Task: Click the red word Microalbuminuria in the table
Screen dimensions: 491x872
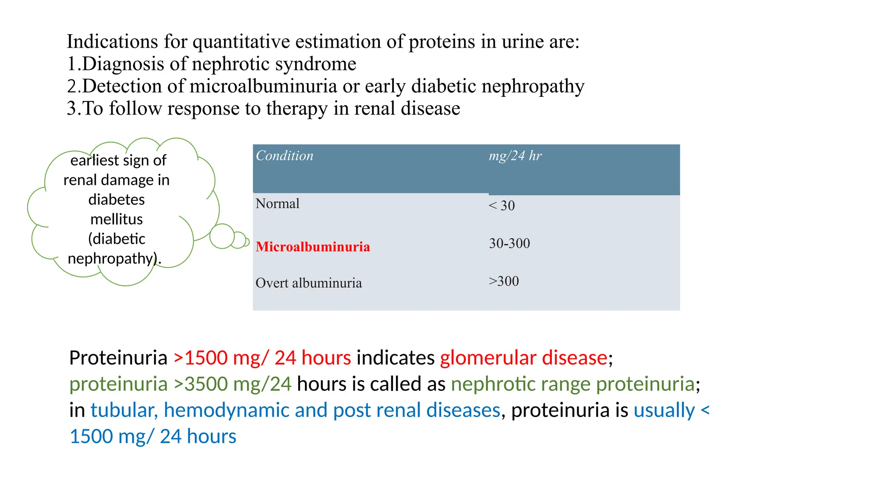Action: pyautogui.click(x=313, y=247)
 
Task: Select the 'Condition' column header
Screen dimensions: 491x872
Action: pyautogui.click(x=284, y=156)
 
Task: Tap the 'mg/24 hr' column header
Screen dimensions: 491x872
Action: pyautogui.click(x=515, y=156)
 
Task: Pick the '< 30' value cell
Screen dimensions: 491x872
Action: pyautogui.click(x=502, y=205)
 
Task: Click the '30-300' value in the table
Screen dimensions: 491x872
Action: pyautogui.click(x=509, y=243)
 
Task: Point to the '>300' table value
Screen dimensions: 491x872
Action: pyautogui.click(x=504, y=281)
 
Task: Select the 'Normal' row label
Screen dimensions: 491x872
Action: pyautogui.click(x=277, y=204)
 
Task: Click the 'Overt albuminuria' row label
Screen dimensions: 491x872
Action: pyautogui.click(x=308, y=283)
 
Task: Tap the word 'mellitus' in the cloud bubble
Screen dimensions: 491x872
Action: pyautogui.click(x=116, y=219)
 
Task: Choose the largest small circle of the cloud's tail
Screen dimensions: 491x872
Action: pyautogui.click(x=222, y=236)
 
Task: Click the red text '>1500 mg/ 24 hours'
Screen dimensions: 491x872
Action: pyautogui.click(x=262, y=358)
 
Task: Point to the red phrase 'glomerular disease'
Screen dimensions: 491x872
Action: pyautogui.click(x=523, y=358)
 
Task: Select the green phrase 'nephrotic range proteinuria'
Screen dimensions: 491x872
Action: pyautogui.click(x=573, y=384)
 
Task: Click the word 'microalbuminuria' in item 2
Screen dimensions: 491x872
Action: pyautogui.click(x=263, y=86)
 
